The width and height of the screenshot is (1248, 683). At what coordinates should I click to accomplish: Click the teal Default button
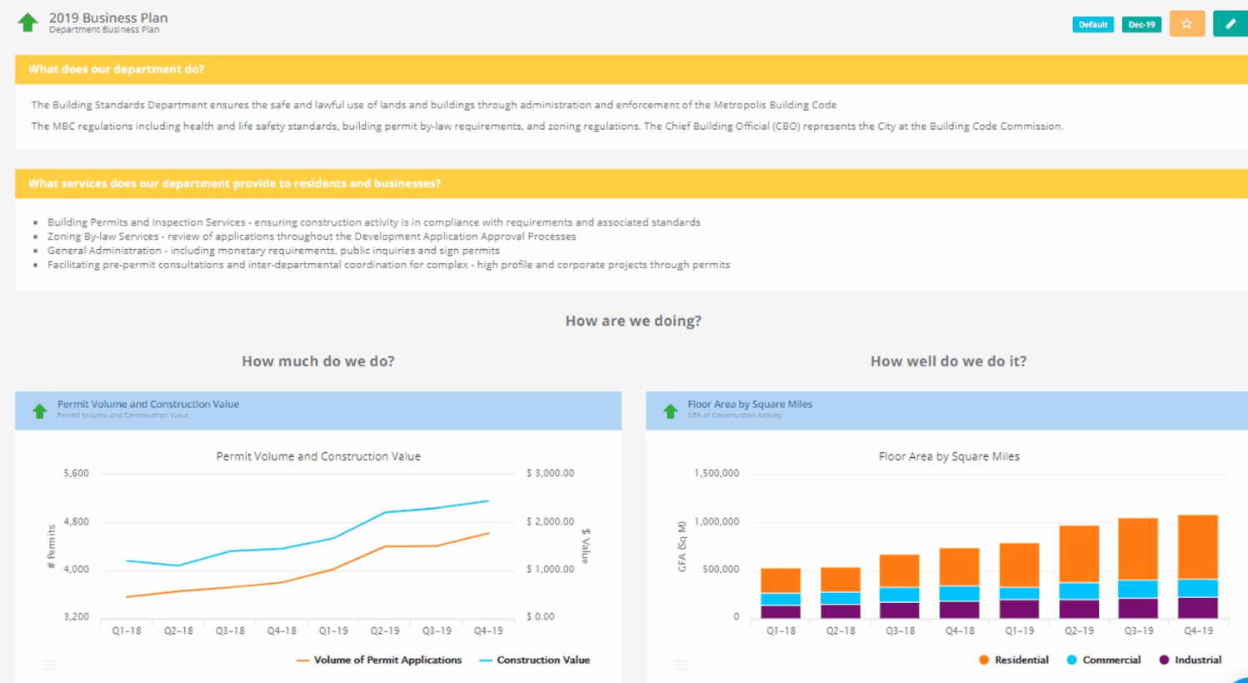click(x=1092, y=24)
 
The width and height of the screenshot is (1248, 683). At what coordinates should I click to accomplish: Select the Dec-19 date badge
click(x=1141, y=24)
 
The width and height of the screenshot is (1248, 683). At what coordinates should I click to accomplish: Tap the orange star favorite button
click(x=1186, y=24)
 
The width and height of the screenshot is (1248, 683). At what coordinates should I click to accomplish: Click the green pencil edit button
click(x=1230, y=24)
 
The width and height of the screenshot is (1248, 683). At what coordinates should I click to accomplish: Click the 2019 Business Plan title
click(x=107, y=17)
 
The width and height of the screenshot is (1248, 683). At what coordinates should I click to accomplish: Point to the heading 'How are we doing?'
click(x=633, y=321)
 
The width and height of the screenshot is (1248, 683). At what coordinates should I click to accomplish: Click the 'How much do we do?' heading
click(x=318, y=361)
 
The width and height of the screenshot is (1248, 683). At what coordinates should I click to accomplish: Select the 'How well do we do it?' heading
click(x=948, y=361)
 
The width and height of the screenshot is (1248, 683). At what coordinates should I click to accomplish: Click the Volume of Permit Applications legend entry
click(x=387, y=660)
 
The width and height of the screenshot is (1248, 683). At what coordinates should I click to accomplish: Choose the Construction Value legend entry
click(x=542, y=660)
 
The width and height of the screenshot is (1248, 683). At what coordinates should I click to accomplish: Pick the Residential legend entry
click(x=1021, y=660)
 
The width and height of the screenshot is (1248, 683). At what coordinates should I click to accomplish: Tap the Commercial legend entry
click(x=1111, y=660)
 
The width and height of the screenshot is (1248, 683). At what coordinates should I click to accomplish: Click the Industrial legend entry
click(x=1197, y=660)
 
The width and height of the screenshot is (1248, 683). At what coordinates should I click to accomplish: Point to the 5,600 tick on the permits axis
click(x=76, y=473)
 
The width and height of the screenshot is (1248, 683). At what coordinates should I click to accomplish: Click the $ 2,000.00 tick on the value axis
click(x=550, y=521)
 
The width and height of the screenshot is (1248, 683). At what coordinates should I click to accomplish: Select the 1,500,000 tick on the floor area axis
click(x=716, y=473)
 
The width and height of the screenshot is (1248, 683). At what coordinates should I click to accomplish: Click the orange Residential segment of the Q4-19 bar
click(x=1197, y=546)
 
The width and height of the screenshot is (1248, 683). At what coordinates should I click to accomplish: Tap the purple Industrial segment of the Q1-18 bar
click(x=781, y=611)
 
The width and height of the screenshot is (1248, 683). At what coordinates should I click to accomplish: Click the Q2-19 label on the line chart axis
click(x=385, y=631)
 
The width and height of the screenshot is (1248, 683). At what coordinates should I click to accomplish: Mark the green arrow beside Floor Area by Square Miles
click(x=670, y=411)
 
